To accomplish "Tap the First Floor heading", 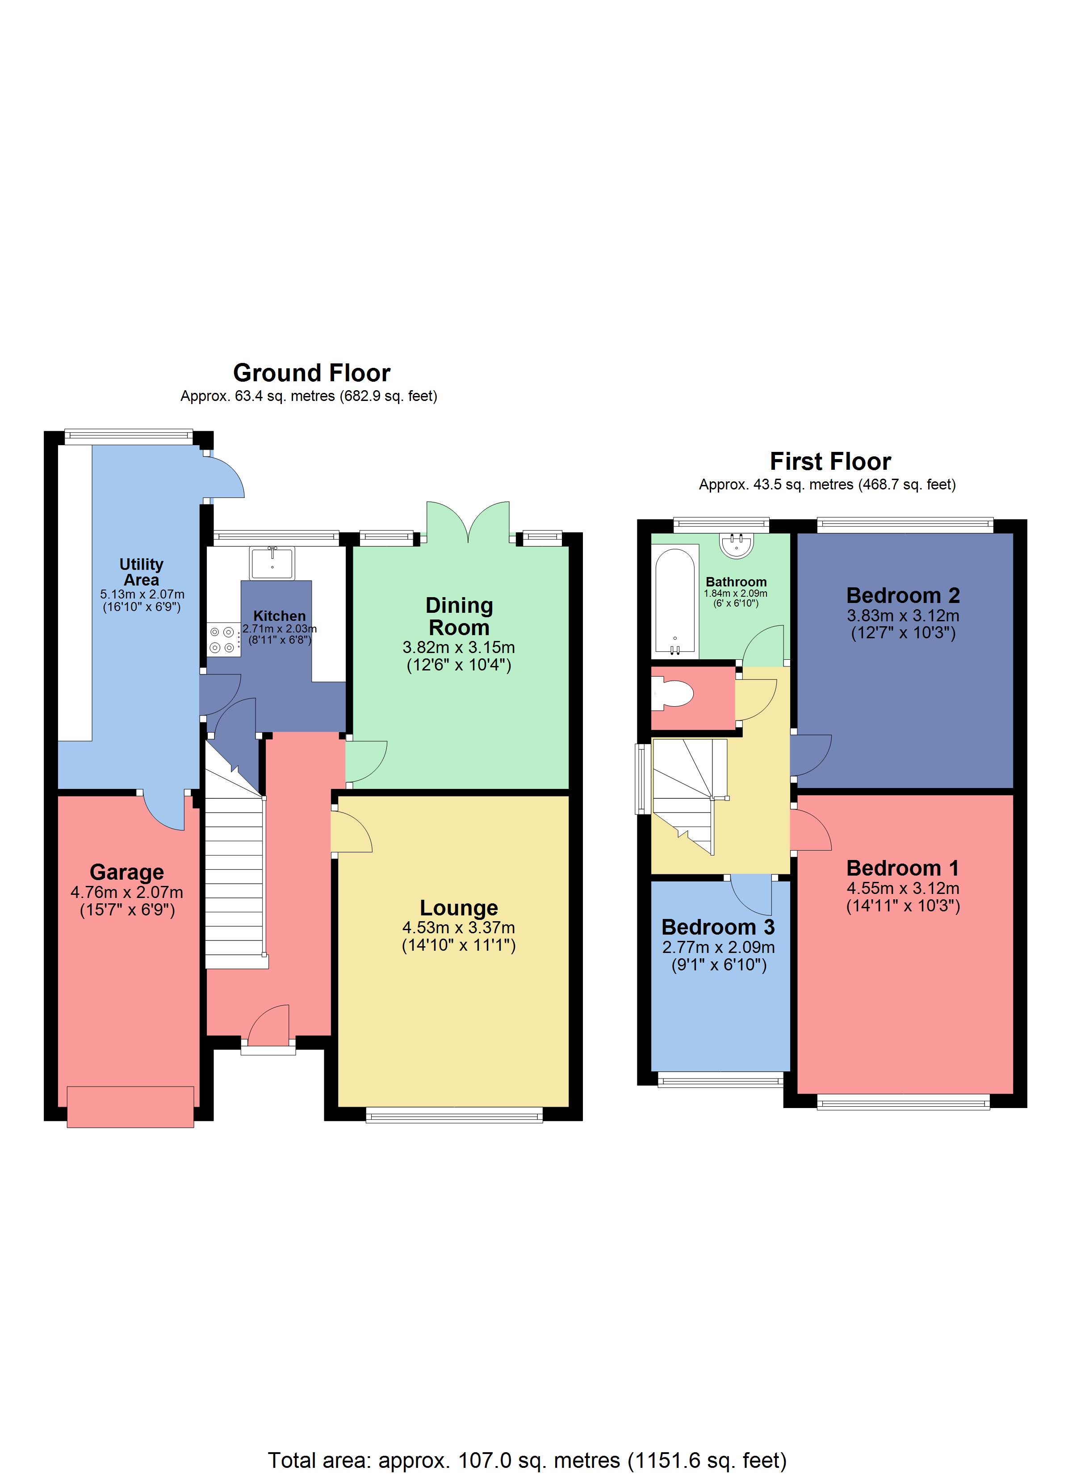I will coord(830,462).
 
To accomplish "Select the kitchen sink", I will coord(272,563).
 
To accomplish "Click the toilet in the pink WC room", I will coord(672,693).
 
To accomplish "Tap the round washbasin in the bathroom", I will coord(737,544).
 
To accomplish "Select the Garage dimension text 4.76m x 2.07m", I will coord(127,892).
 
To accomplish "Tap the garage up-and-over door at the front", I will coord(130,1106).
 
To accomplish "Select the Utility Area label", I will coord(141,572).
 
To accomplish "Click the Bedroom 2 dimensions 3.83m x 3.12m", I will coord(902,615).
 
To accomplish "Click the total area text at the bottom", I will coord(527,1460).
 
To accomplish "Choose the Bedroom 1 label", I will coord(902,868).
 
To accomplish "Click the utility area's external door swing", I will coord(224,478).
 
